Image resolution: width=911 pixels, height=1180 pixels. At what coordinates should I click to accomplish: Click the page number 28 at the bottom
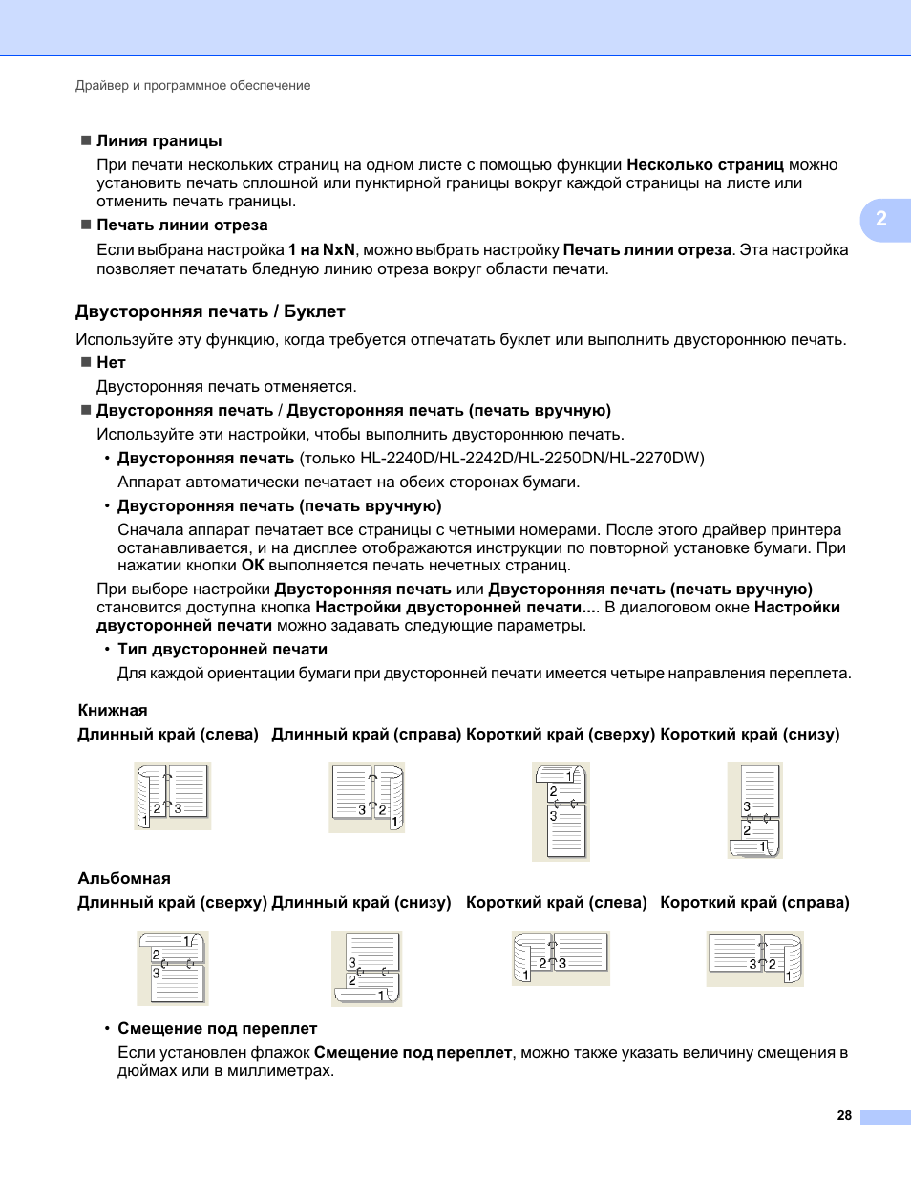click(844, 1115)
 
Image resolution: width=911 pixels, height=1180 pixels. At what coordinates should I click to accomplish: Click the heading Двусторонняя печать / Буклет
click(210, 311)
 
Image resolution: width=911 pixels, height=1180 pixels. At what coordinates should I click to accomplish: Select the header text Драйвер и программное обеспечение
click(193, 85)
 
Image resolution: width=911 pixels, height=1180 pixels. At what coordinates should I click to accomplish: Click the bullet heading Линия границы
click(159, 140)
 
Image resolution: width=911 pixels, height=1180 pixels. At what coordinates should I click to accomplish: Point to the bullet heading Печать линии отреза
click(181, 225)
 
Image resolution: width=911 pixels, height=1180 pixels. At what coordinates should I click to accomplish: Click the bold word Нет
click(111, 362)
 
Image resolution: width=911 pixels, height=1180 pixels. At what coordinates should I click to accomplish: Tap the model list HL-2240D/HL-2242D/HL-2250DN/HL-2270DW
click(532, 458)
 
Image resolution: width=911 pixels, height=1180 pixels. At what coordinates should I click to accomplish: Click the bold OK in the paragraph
click(252, 566)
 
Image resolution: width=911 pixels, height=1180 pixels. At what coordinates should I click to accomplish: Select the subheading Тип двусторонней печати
click(222, 649)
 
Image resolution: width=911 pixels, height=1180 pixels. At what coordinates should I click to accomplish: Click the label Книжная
click(113, 710)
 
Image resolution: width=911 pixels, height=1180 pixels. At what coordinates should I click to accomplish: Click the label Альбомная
click(124, 878)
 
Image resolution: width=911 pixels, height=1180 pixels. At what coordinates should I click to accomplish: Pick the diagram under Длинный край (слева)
click(173, 796)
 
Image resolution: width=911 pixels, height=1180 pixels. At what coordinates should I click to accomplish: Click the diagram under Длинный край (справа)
click(367, 797)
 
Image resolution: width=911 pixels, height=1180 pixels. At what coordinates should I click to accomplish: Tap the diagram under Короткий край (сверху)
click(561, 812)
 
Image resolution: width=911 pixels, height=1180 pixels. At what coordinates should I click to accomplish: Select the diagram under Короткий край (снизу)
click(754, 810)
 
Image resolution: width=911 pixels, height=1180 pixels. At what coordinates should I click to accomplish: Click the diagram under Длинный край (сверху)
click(173, 968)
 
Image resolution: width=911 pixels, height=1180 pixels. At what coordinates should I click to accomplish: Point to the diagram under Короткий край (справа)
click(754, 959)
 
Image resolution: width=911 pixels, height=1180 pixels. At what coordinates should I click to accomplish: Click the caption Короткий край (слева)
click(556, 902)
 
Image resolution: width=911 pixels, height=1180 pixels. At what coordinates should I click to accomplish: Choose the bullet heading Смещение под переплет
click(217, 1028)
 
